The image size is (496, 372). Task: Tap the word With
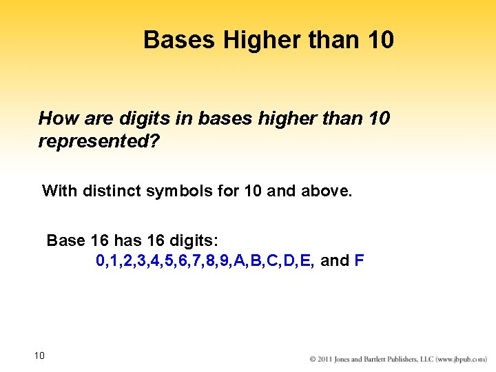click(x=60, y=190)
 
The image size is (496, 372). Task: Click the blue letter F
click(x=359, y=261)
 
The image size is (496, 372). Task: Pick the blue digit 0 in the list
click(x=101, y=261)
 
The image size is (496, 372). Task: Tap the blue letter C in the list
click(x=274, y=261)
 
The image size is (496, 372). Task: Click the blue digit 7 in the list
click(x=198, y=261)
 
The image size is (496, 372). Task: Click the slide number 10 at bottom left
click(x=39, y=355)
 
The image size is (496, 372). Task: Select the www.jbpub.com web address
click(x=463, y=360)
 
